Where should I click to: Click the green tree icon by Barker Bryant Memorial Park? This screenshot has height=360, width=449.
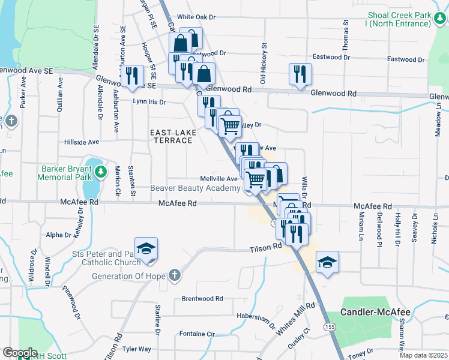[102, 172]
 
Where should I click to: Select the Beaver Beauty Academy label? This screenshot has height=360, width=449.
[196, 188]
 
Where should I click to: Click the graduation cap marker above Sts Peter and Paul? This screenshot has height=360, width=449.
[146, 249]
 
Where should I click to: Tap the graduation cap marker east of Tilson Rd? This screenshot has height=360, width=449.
[327, 263]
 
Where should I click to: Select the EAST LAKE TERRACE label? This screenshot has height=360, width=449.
[171, 136]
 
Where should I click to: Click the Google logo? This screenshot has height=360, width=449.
[20, 352]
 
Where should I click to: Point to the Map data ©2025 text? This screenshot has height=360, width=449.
[423, 356]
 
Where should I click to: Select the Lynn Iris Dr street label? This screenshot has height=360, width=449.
[149, 102]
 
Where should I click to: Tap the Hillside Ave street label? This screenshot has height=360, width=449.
[82, 142]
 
